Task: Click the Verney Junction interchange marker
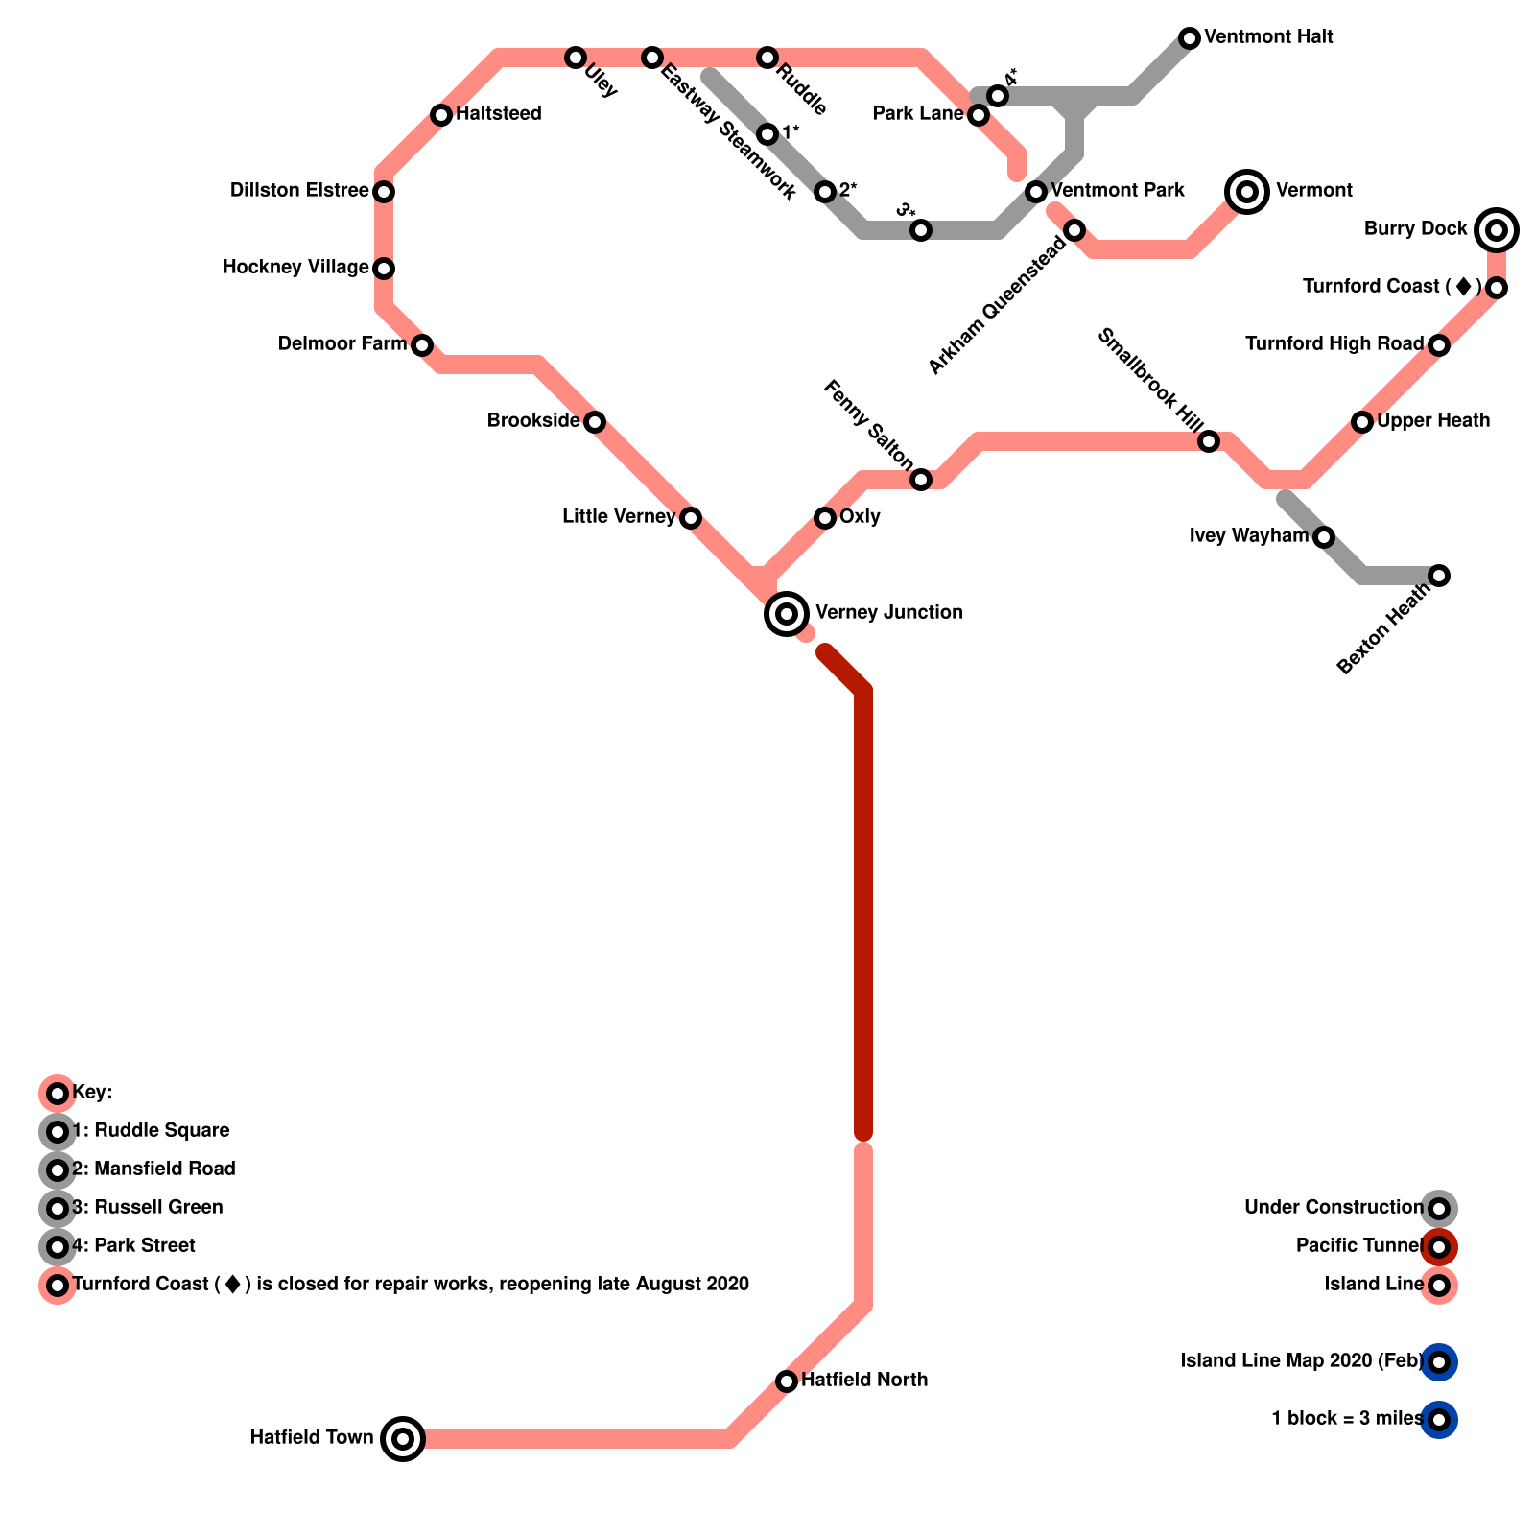[x=787, y=613]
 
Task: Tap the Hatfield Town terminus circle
[x=403, y=1438]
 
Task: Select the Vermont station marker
[x=1247, y=191]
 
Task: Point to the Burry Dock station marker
[x=1497, y=229]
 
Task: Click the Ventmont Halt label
[x=1268, y=37]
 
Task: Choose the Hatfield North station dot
[x=787, y=1381]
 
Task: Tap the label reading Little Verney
[x=619, y=517]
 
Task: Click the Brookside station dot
[x=595, y=421]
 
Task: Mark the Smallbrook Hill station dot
[x=1209, y=440]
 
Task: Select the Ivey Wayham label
[x=1248, y=535]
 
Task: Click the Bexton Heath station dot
[x=1439, y=575]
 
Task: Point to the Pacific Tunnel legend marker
[x=1439, y=1246]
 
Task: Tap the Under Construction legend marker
[x=1439, y=1208]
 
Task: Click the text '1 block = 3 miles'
[x=1347, y=1418]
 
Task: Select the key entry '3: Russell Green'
[x=148, y=1207]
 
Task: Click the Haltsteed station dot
[x=441, y=115]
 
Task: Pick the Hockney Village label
[x=295, y=267]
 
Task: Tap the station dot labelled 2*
[x=825, y=192]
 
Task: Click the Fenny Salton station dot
[x=921, y=479]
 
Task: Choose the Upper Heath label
[x=1433, y=420]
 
